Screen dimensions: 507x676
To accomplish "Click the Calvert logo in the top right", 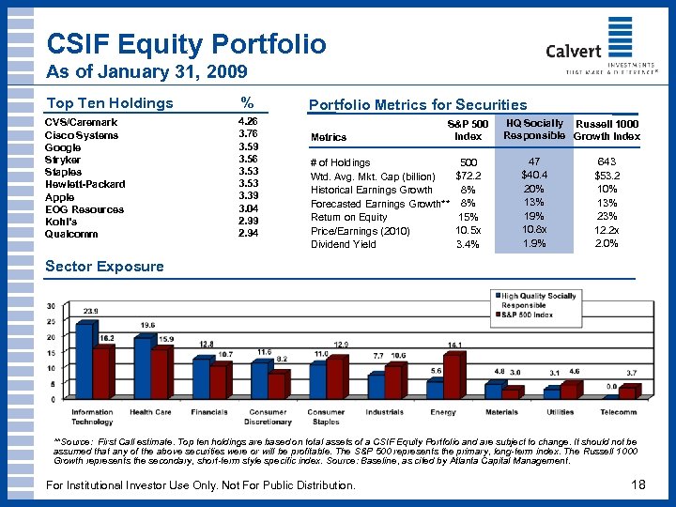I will coord(608,44).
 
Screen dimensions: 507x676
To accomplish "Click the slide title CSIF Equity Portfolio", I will coord(186,44).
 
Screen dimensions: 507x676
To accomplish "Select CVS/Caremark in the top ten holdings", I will coord(82,122).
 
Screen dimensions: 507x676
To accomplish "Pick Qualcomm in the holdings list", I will coord(73,234).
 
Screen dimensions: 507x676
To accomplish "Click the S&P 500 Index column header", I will coord(468,130).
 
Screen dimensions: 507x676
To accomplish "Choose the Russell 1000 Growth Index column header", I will coord(607,130).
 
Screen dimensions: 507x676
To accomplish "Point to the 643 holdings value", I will coord(607,162).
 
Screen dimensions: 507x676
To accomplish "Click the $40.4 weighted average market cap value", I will coord(534,175).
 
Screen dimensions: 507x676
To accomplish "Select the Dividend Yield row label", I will coord(343,244).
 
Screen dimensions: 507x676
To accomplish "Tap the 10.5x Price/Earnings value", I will coord(468,230).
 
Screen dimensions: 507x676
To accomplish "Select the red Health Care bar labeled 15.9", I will coord(161,373).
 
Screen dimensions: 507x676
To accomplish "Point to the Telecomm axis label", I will coord(619,412).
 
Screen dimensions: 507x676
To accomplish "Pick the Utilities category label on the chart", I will coord(560,412).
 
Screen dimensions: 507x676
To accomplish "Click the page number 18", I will coord(639,484).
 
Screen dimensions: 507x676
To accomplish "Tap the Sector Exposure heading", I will coord(104,266).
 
